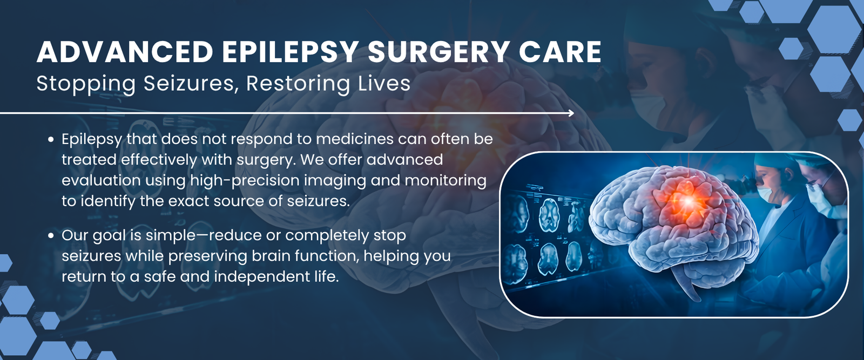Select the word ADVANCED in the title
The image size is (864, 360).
coord(125,52)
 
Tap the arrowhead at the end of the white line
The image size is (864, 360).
coord(571,113)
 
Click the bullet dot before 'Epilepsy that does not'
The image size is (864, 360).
coord(51,140)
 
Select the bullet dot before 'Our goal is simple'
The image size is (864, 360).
coord(51,236)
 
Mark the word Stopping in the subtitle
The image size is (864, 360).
coord(86,84)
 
